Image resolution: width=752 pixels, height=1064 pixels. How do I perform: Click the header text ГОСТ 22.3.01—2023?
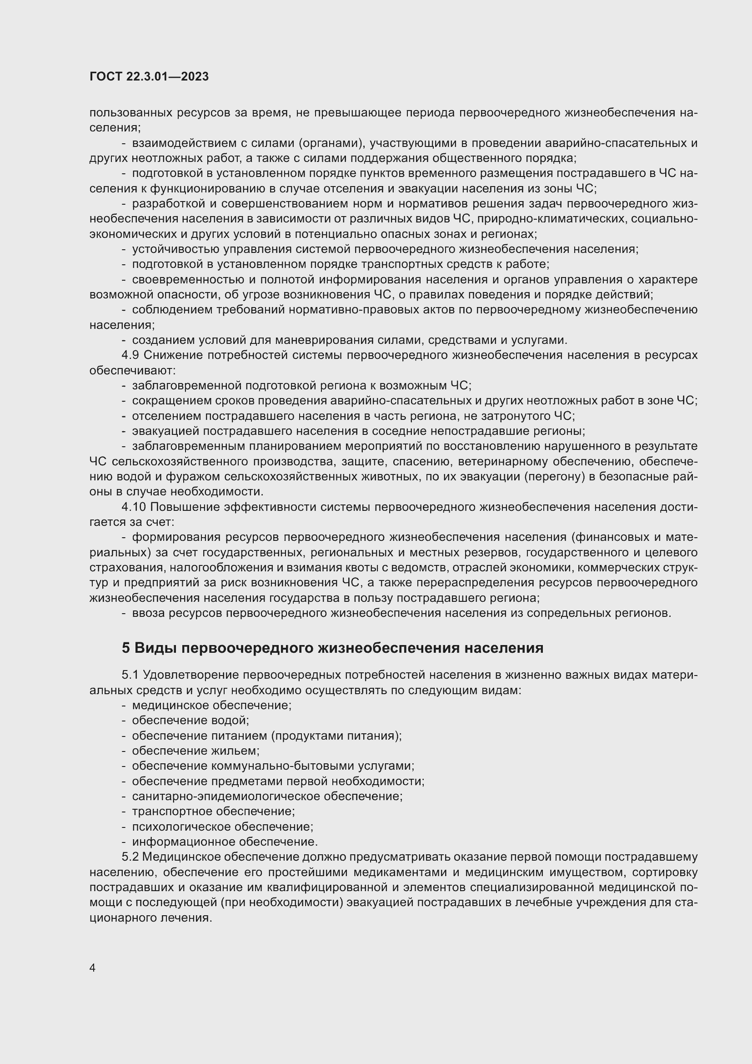click(149, 77)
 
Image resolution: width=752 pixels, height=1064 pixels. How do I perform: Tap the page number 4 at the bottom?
click(93, 968)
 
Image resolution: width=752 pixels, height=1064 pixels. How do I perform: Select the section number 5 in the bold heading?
click(126, 648)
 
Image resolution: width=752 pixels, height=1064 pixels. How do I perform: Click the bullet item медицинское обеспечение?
click(211, 706)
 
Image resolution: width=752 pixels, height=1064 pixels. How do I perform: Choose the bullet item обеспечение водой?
click(191, 721)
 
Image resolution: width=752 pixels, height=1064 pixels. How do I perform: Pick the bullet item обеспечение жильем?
click(196, 751)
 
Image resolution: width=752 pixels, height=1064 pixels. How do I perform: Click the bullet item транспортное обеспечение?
click(214, 812)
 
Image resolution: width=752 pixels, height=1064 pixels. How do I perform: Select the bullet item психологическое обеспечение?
click(223, 827)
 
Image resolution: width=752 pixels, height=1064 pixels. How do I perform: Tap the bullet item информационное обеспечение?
click(225, 842)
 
